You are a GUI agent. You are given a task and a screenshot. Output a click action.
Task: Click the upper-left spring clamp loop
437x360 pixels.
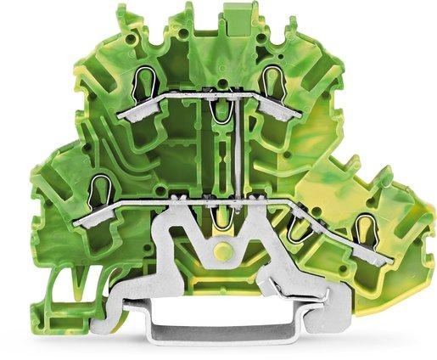click(x=143, y=83)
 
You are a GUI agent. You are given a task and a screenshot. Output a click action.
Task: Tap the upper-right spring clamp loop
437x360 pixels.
click(x=272, y=82)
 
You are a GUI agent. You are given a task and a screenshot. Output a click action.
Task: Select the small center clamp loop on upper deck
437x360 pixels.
click(x=221, y=111)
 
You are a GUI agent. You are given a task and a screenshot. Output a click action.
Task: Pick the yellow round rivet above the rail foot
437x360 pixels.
click(x=222, y=252)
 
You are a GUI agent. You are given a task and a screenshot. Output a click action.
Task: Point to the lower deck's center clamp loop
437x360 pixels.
click(x=222, y=218)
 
